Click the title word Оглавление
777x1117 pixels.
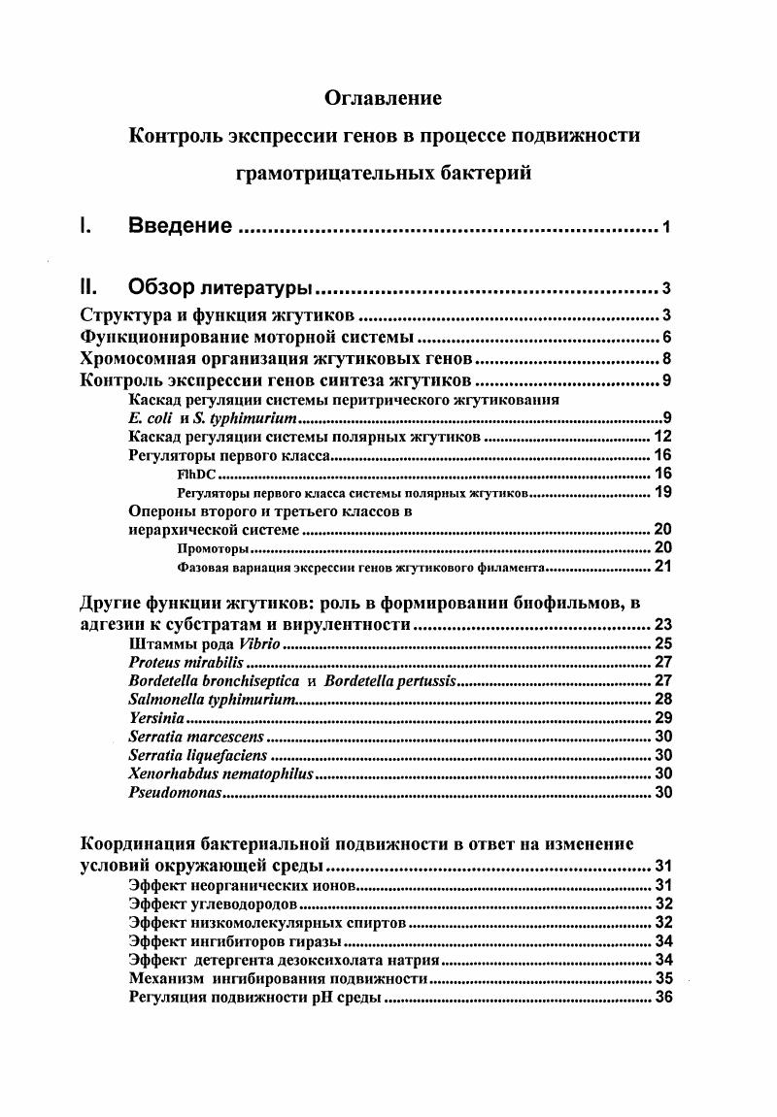click(x=383, y=98)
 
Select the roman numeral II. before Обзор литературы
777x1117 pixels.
click(x=89, y=287)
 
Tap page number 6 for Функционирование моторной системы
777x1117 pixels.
click(x=667, y=338)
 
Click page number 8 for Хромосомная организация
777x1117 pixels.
click(x=667, y=359)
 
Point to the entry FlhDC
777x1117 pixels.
click(x=197, y=475)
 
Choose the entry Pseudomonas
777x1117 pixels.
click(x=175, y=793)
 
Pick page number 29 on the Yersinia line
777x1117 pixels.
click(x=664, y=718)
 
